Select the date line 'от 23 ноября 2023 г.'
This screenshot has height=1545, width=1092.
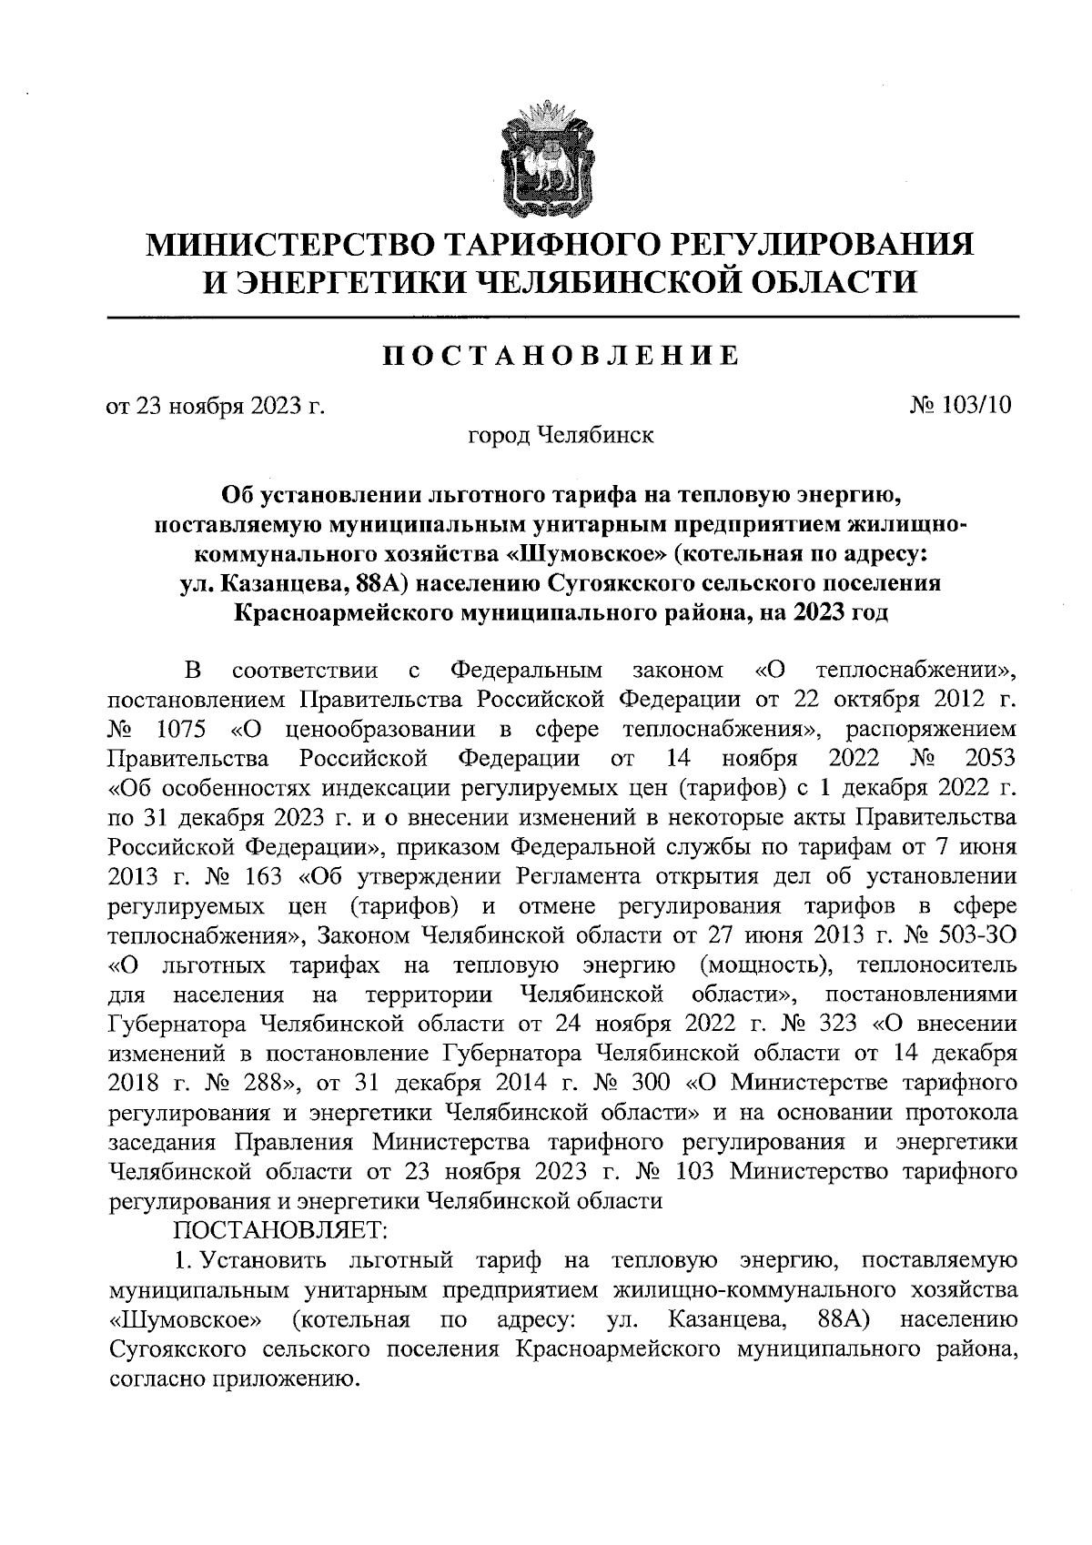[216, 406]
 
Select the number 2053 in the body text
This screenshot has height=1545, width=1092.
[988, 758]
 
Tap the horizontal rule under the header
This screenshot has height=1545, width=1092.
[562, 316]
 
